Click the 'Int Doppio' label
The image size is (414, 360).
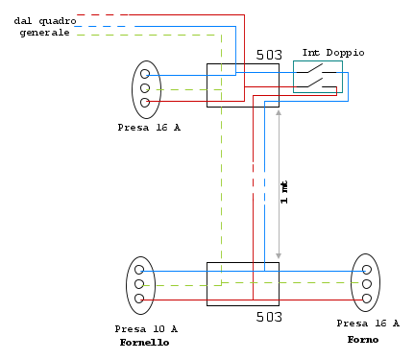coord(333,53)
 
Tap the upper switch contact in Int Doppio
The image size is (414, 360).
coord(316,69)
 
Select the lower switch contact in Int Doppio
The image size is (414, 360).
coord(316,83)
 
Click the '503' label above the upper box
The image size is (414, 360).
coord(269,55)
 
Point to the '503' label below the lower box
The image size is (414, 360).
coord(269,317)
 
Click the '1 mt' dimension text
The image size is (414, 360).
coord(284,192)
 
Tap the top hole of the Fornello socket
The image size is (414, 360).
coord(139,270)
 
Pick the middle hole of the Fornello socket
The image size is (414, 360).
coord(139,284)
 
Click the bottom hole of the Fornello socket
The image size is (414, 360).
coord(139,299)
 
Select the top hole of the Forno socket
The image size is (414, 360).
coord(367,270)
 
